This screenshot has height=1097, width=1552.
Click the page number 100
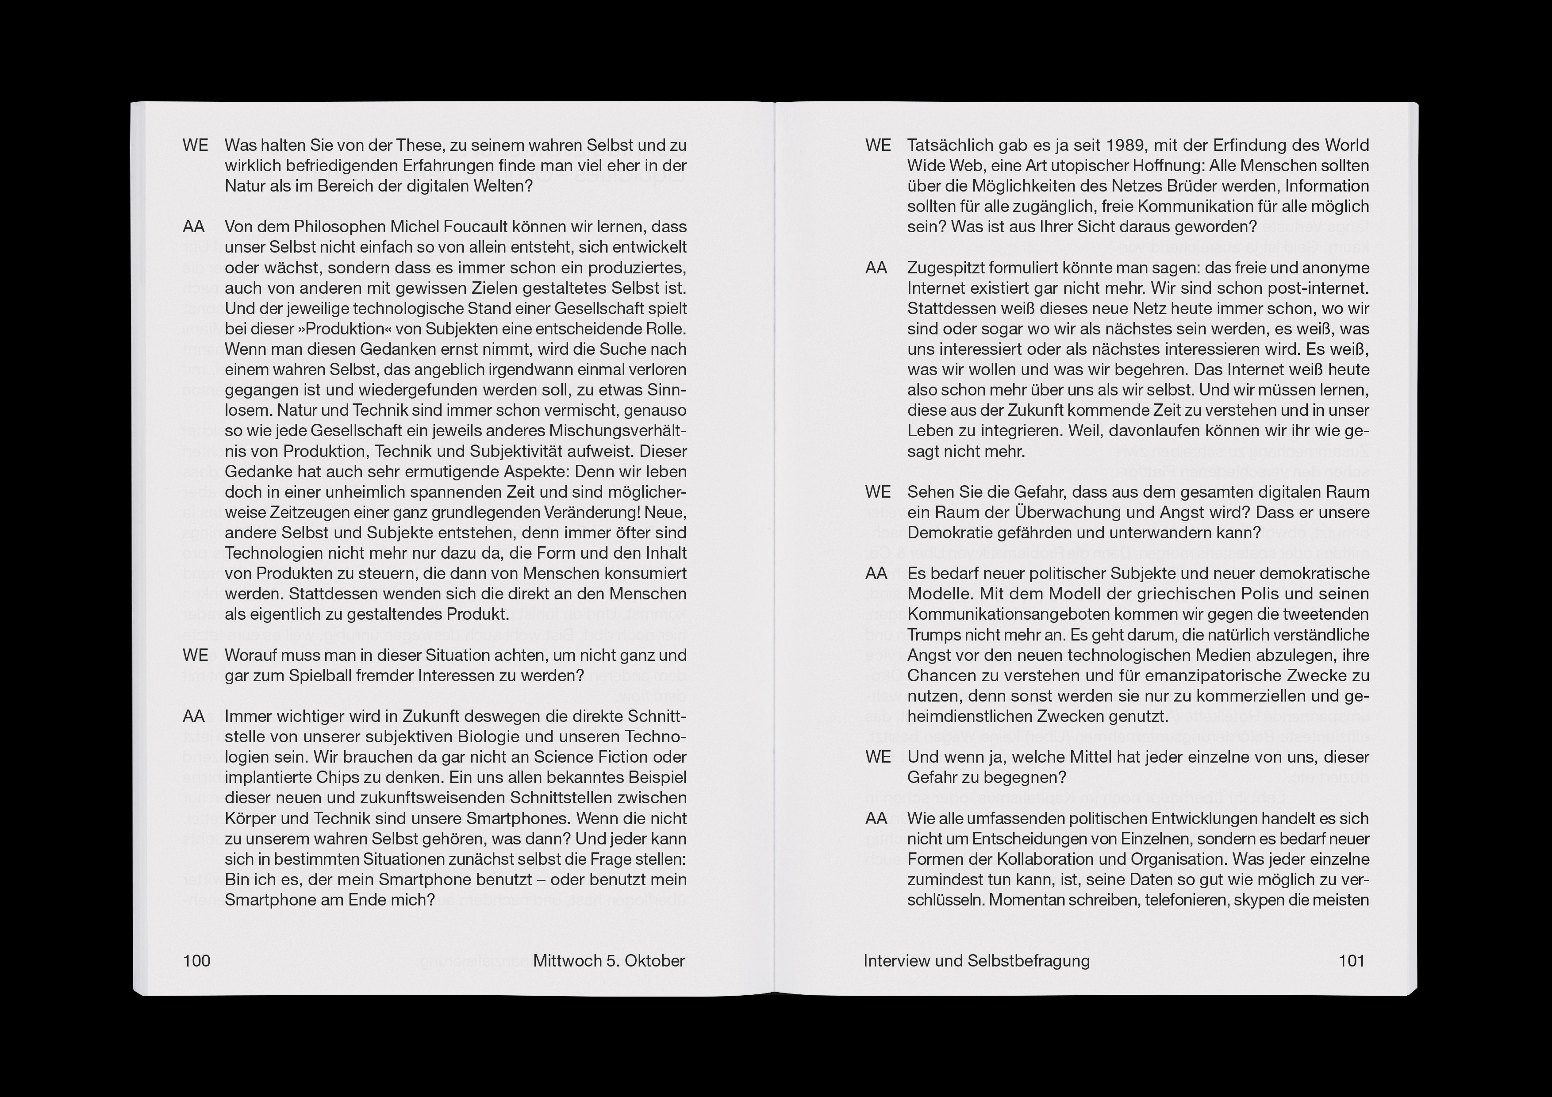click(197, 960)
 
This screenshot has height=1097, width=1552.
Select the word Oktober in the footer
click(655, 960)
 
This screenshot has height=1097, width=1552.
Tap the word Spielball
click(323, 675)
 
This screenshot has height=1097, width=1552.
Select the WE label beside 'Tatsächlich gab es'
click(878, 146)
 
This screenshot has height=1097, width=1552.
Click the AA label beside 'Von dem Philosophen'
click(194, 226)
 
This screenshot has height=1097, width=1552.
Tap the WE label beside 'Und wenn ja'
click(878, 757)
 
